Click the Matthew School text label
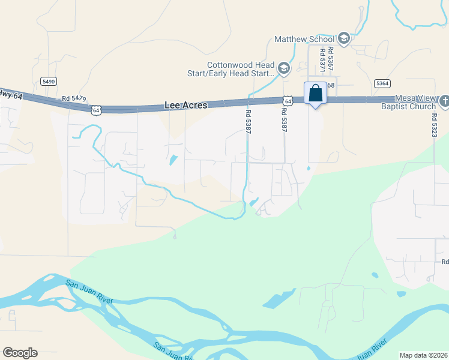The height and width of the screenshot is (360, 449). [304, 39]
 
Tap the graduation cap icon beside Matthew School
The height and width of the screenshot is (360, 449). [344, 39]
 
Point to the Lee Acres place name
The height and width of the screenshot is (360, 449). [185, 105]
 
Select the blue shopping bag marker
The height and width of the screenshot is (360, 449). [316, 94]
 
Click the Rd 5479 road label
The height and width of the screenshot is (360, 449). [74, 98]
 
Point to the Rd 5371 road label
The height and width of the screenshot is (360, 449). [322, 61]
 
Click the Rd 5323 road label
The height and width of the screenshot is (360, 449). [434, 127]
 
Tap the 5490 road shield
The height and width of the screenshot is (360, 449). [49, 81]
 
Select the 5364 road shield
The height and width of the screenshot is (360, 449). [381, 83]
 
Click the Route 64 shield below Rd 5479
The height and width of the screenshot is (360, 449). [96, 110]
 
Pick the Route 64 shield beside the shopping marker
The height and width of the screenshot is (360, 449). [289, 101]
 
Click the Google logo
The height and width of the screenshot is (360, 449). [20, 353]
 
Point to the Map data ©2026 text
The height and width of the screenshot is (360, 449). [423, 355]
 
